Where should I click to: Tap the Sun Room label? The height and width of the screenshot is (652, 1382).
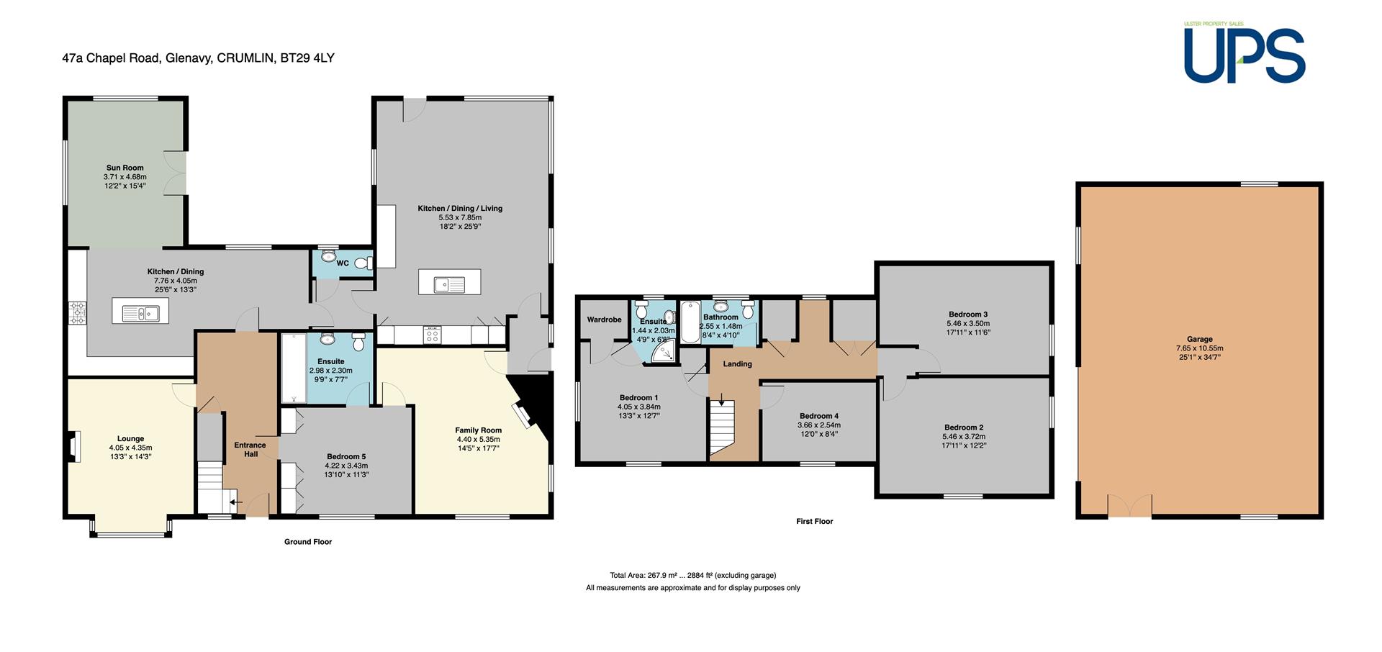125,168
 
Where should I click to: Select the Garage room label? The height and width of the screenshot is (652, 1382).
1200,339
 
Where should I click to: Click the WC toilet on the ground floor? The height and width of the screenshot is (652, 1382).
369,263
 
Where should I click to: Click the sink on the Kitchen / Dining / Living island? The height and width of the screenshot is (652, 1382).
449,285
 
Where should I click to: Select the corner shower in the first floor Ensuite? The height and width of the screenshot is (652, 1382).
664,352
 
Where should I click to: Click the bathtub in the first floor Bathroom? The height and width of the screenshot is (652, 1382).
689,322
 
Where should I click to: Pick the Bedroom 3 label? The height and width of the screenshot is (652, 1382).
967,314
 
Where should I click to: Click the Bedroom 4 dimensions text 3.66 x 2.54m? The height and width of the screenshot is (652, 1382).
819,425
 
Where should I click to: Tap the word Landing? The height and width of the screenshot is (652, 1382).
738,364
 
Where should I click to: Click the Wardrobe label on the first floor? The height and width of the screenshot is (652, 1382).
605,320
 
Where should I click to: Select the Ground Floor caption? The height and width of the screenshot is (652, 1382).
308,542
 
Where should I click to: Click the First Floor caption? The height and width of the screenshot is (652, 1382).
815,522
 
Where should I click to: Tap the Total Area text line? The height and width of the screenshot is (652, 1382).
692,576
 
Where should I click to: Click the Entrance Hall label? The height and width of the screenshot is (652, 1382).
250,450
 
